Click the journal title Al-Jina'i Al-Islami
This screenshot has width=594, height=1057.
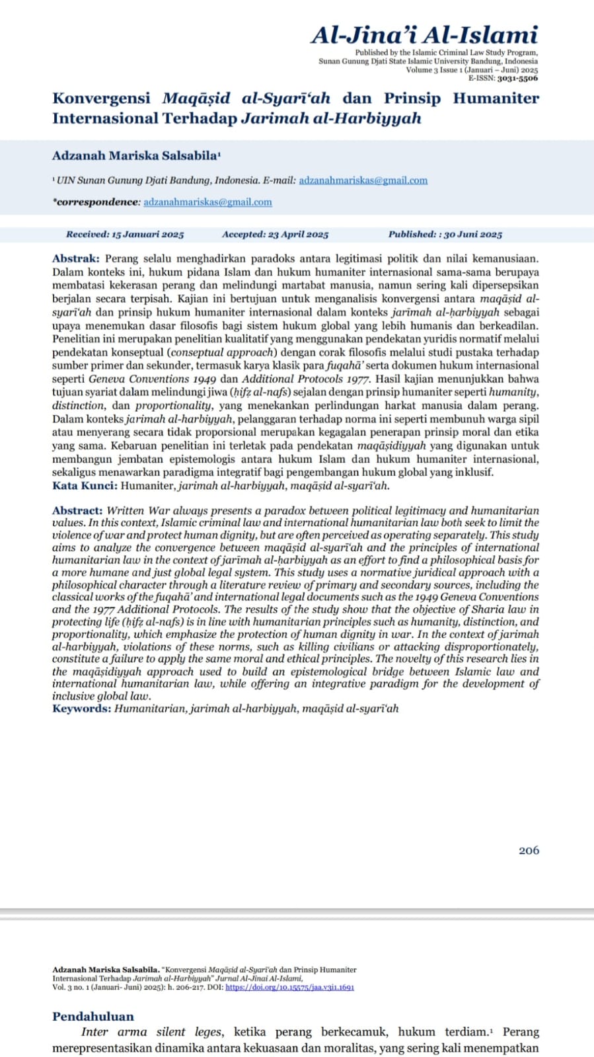tap(424, 34)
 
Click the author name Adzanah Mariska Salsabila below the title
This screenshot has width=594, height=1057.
tap(135, 156)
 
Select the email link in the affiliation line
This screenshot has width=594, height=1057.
tap(363, 180)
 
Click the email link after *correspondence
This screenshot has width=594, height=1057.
tap(207, 202)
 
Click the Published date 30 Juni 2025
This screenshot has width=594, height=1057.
tap(472, 234)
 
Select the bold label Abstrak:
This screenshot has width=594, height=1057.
tap(76, 258)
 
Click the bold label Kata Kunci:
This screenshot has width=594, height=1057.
tap(85, 486)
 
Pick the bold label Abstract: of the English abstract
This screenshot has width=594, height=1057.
tap(77, 510)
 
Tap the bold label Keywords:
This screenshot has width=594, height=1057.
tap(82, 708)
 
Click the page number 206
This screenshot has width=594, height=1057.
tap(529, 850)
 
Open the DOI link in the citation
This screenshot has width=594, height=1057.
tap(289, 987)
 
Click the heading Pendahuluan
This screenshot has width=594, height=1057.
tap(93, 1016)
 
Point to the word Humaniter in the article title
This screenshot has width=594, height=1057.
tap(496, 98)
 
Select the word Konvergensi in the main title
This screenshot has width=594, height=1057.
tap(101, 98)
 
